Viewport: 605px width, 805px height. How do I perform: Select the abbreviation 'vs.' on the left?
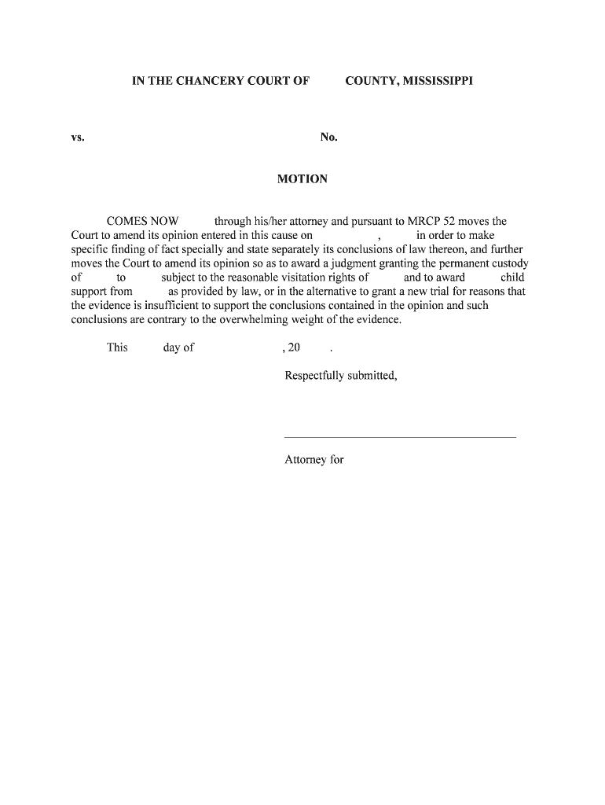point(78,138)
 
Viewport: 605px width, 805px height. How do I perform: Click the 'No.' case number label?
point(328,138)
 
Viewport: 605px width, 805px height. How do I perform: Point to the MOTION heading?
point(302,179)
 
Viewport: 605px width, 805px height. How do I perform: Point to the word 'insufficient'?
point(164,306)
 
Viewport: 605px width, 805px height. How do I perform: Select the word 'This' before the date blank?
point(117,347)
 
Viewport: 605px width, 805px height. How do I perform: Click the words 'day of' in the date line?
point(178,347)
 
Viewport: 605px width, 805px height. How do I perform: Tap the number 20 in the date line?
point(295,347)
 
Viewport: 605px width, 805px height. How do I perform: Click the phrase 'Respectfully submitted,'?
point(341,376)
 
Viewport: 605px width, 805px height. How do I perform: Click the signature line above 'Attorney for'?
point(399,437)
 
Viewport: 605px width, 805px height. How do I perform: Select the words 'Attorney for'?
point(314,460)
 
